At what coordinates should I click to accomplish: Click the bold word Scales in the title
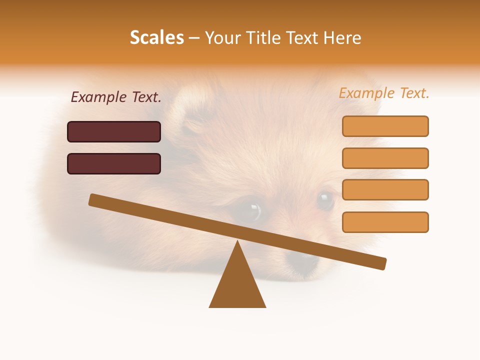(157, 37)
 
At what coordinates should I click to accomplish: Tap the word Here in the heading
(342, 38)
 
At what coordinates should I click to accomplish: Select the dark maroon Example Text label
(116, 97)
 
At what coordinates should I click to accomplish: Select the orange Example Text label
(384, 93)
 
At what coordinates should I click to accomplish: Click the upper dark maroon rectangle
(114, 131)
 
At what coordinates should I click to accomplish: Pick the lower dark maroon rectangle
(114, 163)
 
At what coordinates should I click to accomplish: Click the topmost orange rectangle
(385, 126)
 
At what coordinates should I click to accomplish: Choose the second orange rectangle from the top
(385, 158)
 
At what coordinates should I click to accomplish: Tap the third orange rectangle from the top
(385, 189)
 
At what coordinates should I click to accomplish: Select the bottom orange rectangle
(385, 222)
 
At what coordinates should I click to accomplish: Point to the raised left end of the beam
(93, 199)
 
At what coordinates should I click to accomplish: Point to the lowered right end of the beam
(382, 263)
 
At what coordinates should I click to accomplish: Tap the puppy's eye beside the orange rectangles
(325, 200)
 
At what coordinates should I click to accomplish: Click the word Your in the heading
(223, 38)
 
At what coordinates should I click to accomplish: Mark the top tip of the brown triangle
(237, 241)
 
